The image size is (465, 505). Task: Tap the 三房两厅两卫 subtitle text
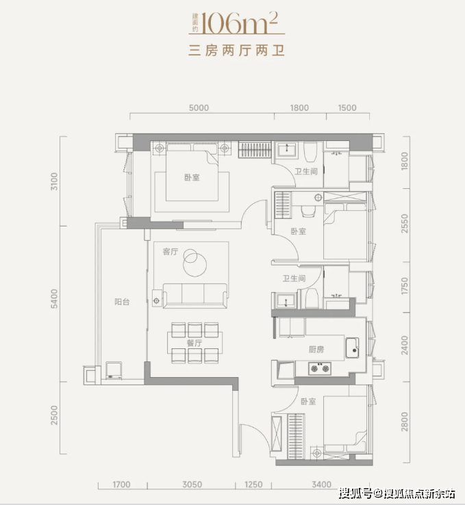[236, 51]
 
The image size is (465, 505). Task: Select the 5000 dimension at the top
[199, 107]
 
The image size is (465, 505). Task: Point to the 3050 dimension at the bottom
[192, 484]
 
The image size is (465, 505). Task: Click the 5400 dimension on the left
[54, 298]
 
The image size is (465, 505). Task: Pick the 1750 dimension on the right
[405, 286]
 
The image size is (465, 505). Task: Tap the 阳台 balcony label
[122, 302]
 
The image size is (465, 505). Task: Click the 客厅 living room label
[170, 252]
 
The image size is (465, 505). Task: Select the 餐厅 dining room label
[194, 343]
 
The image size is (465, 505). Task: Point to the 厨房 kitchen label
[316, 349]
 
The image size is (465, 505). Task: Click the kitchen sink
[352, 348]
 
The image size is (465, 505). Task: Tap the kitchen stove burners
[320, 368]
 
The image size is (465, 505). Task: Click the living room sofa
[195, 296]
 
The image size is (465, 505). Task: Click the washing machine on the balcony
[114, 370]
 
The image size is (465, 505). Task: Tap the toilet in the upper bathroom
[311, 152]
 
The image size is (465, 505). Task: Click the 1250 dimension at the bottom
[253, 484]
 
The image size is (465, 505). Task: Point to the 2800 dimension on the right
[405, 422]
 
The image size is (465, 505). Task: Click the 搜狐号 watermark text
[355, 493]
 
